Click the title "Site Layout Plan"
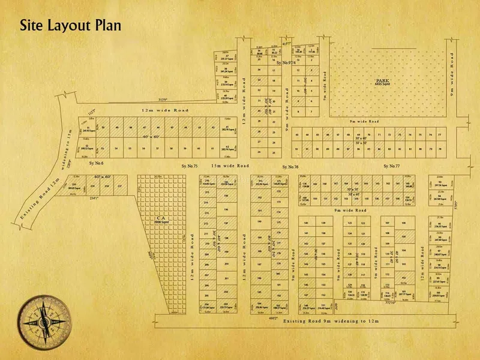tap(70, 26)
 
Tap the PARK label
tap(382, 80)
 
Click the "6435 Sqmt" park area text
tap(382, 85)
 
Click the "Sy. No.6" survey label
tap(97, 163)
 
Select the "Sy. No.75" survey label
tap(190, 166)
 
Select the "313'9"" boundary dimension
tap(161, 100)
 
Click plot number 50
tap(103, 128)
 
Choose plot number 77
tap(440, 135)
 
